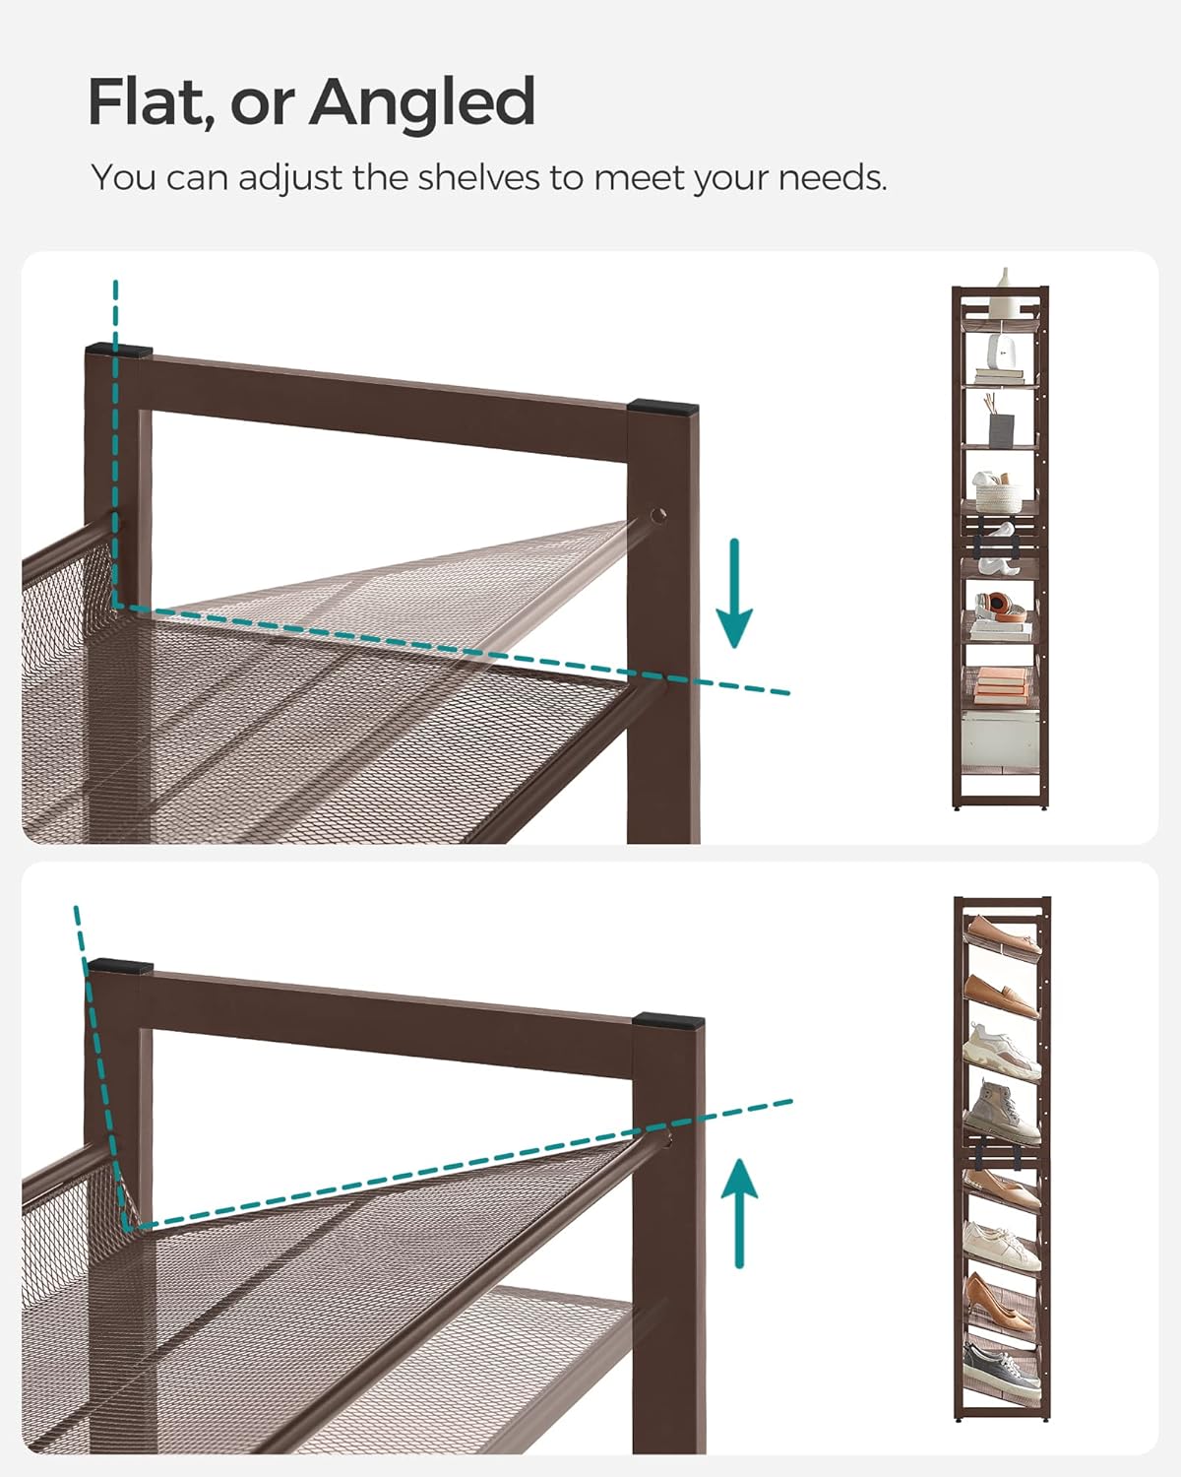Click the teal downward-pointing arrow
(x=734, y=595)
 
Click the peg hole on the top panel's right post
(x=657, y=514)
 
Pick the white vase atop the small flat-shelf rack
(x=1005, y=280)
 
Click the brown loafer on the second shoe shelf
(x=1002, y=993)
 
